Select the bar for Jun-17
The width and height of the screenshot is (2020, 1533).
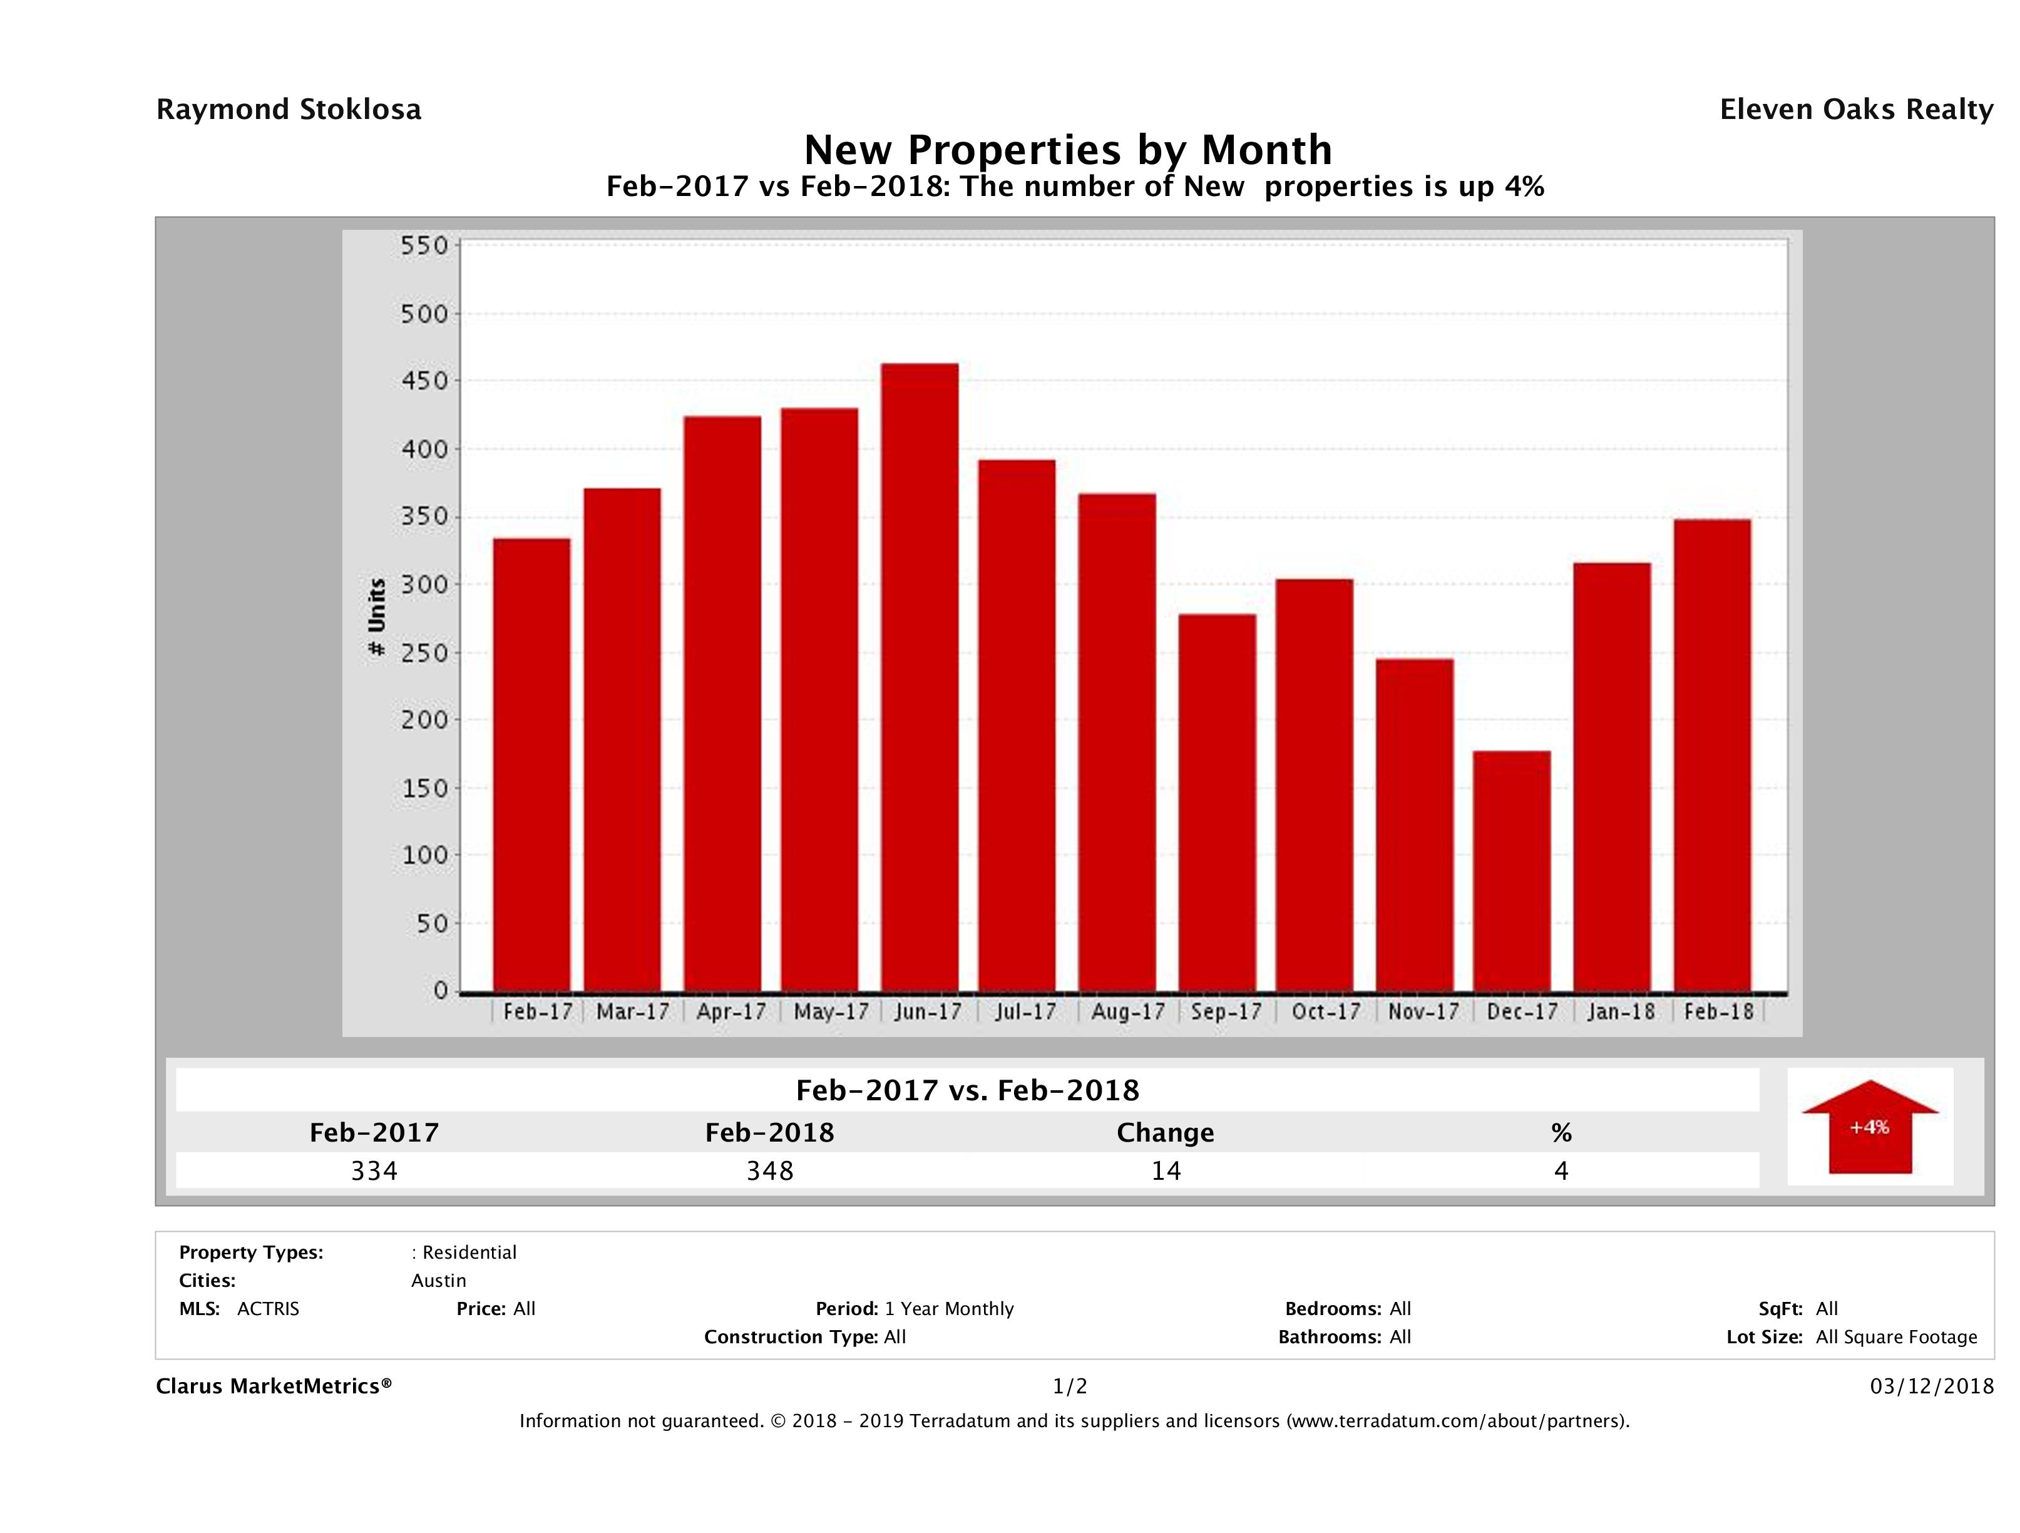click(920, 678)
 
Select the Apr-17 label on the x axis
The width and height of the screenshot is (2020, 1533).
click(731, 1012)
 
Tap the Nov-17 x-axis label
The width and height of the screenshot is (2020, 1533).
click(1423, 1012)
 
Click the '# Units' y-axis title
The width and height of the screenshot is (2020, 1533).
click(376, 617)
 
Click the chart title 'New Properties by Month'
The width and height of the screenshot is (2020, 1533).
click(1067, 149)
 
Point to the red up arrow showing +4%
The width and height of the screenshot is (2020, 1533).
click(1869, 1127)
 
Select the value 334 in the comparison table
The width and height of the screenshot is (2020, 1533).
click(374, 1171)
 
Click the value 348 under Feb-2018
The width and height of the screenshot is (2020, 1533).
click(770, 1171)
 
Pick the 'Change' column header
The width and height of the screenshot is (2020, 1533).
click(1166, 1133)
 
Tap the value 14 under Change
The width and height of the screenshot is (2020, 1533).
click(1166, 1171)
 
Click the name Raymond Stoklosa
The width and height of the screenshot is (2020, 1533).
click(289, 110)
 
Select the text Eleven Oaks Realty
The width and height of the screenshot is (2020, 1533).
click(1855, 110)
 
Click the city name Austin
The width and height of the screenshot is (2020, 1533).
click(438, 1281)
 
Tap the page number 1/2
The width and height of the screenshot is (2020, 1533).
click(1069, 1387)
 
